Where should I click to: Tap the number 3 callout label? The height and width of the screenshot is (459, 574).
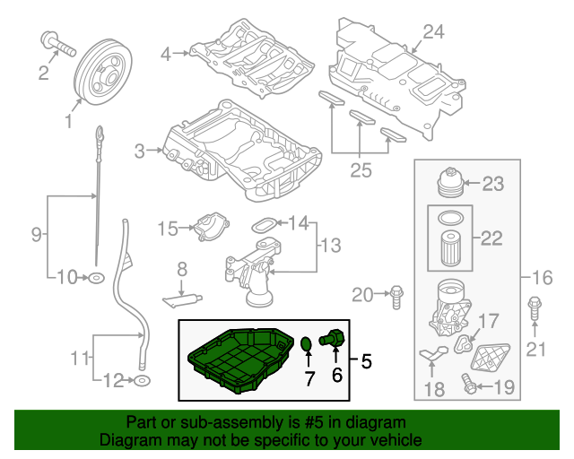point(139,152)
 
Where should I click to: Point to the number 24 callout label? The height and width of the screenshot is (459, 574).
point(433,32)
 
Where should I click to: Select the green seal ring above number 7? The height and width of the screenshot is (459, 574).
point(307,344)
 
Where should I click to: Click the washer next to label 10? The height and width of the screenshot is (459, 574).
point(95,279)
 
